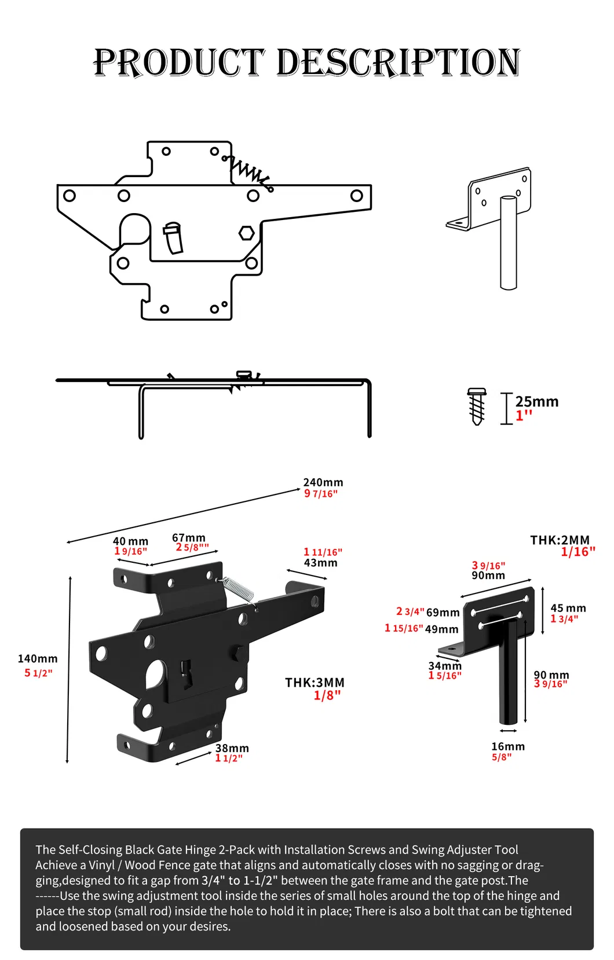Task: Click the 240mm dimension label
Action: (x=323, y=482)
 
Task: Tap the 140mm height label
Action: (x=38, y=658)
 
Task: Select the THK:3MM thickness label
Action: (x=315, y=683)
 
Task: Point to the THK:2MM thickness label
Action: (x=560, y=540)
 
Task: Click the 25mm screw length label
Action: (x=537, y=402)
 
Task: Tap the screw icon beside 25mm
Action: (x=477, y=406)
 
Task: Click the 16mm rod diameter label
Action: (x=508, y=746)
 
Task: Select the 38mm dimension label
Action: (x=232, y=748)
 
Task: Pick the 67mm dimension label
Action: (x=189, y=538)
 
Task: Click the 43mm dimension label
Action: (x=320, y=563)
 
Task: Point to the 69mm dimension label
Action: (x=443, y=613)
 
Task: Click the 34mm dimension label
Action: (x=445, y=666)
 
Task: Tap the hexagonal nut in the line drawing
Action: (x=247, y=233)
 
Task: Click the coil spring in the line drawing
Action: (x=249, y=171)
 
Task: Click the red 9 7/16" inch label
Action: (x=321, y=494)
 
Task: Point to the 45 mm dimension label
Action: (x=568, y=608)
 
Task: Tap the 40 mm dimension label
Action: (x=130, y=541)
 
